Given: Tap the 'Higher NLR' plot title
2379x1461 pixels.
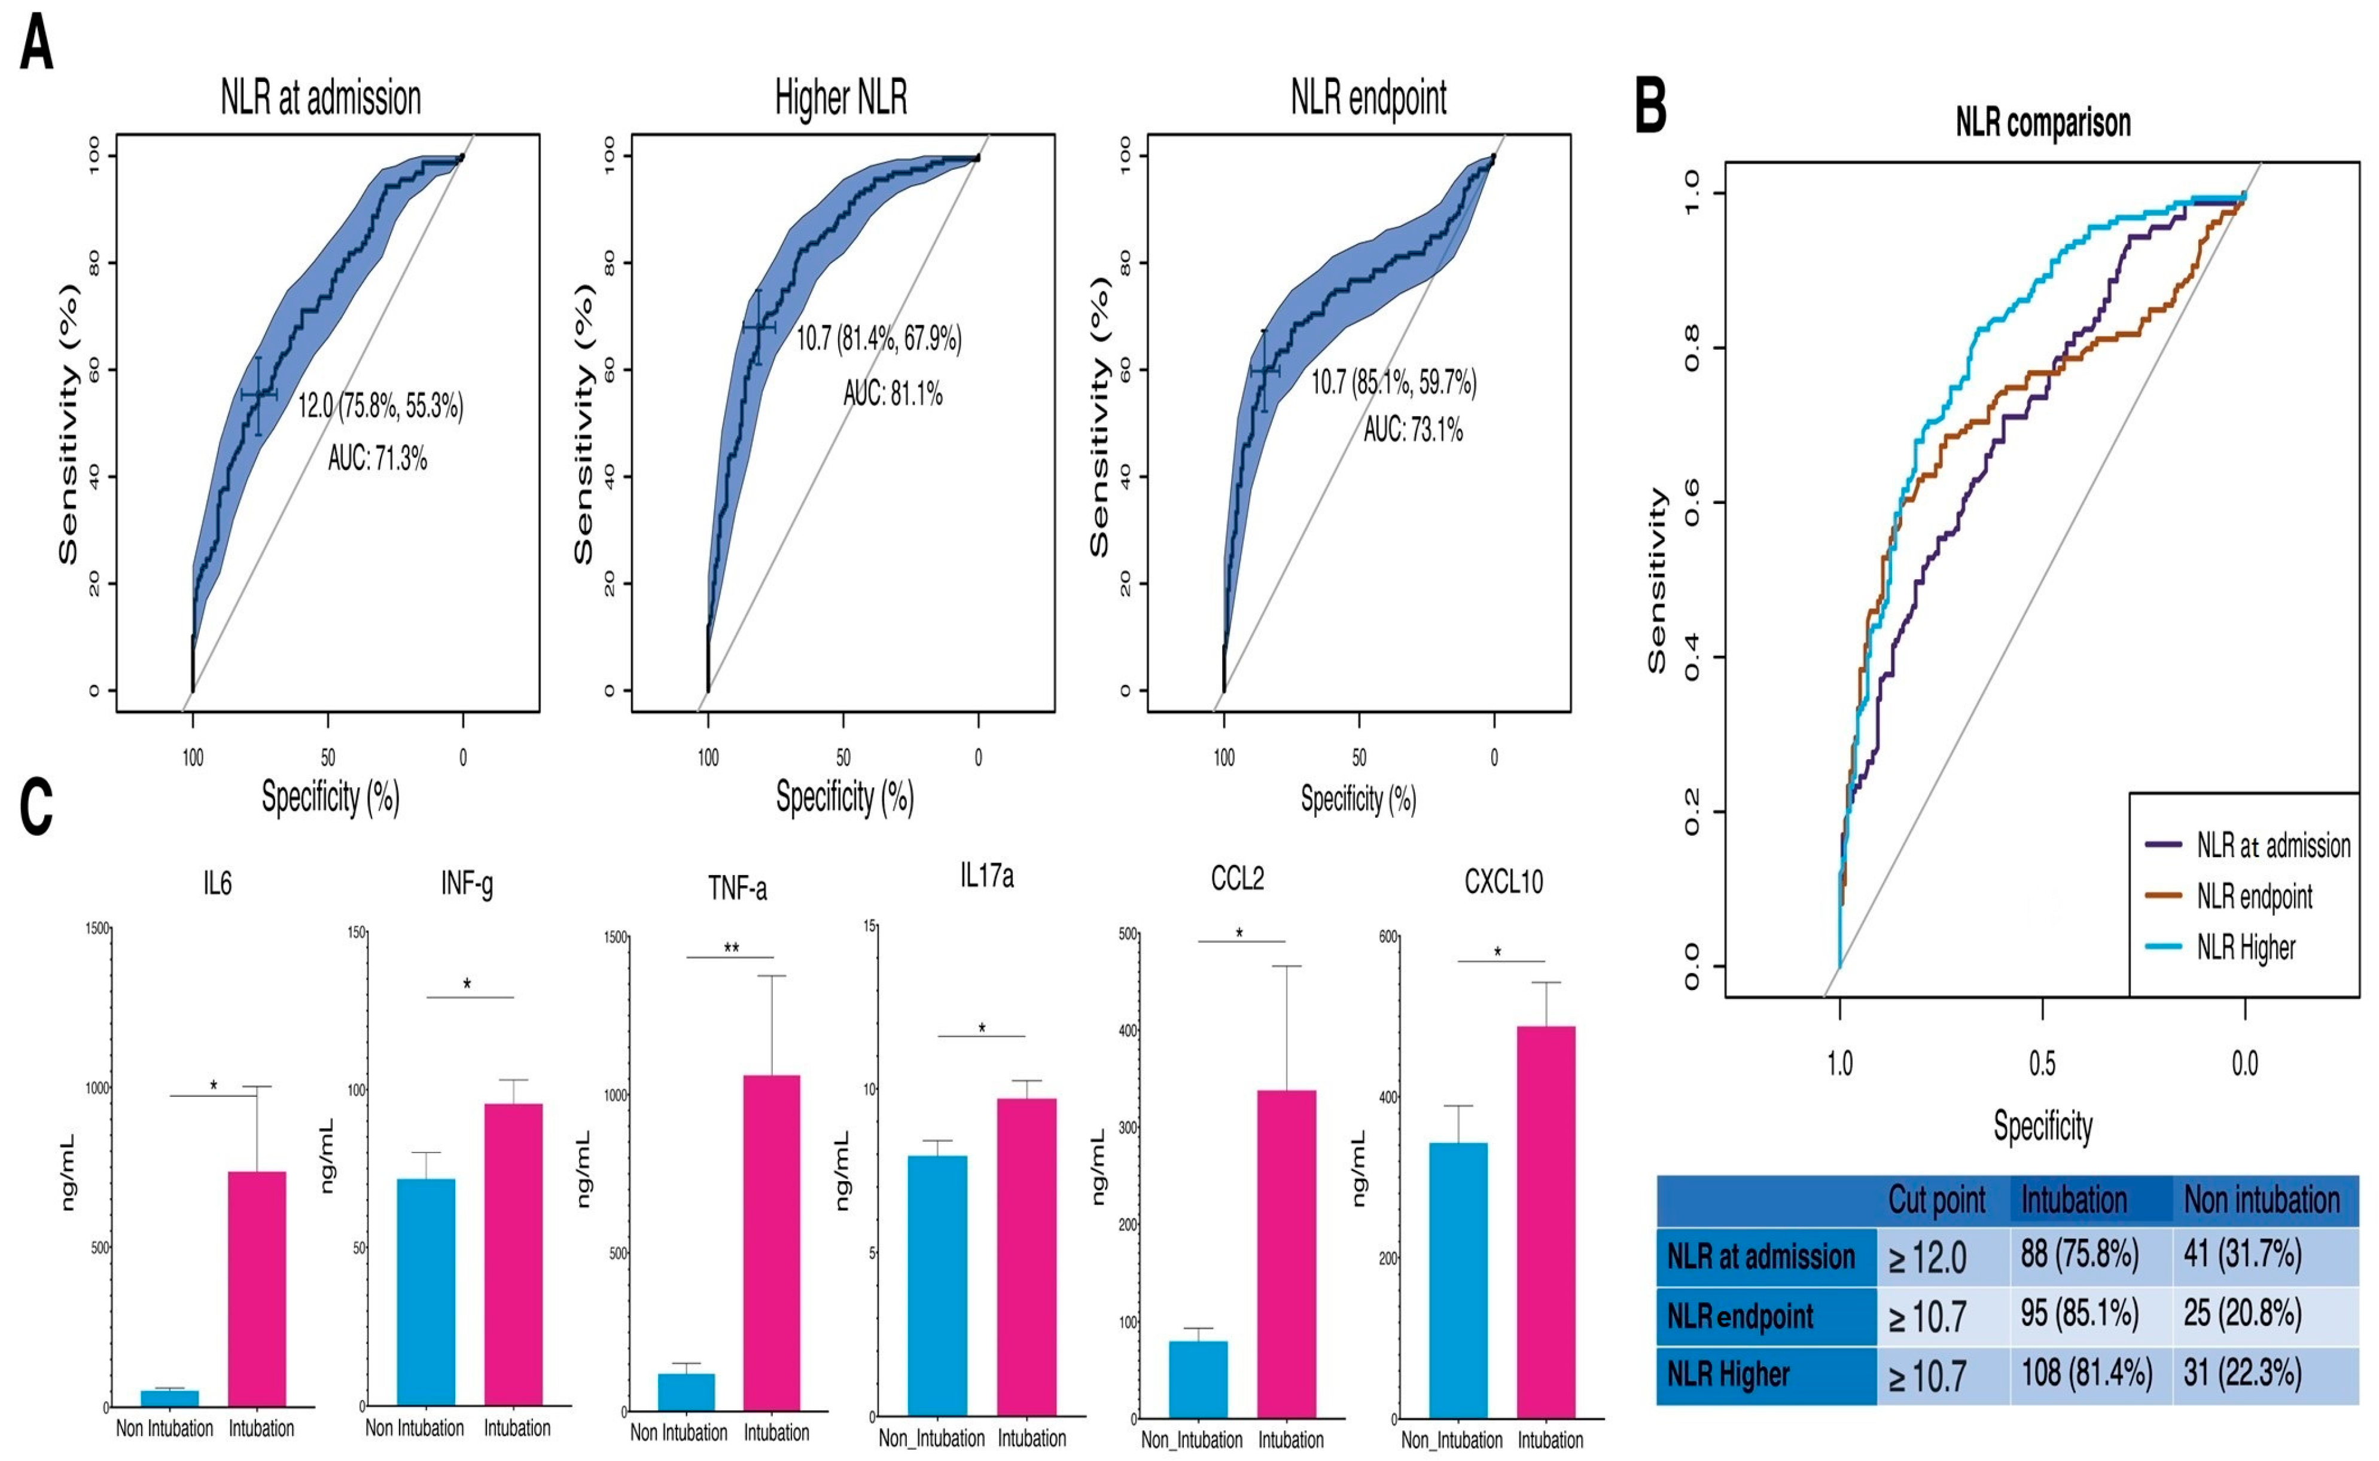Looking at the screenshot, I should pos(841,97).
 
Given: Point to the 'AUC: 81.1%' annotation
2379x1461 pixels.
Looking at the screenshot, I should pos(892,393).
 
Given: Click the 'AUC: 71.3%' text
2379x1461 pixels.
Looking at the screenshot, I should pos(377,457).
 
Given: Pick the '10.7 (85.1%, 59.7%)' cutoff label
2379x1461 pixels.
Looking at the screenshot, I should pos(1393,383).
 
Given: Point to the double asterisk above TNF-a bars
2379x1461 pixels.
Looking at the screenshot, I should pos(732,948).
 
